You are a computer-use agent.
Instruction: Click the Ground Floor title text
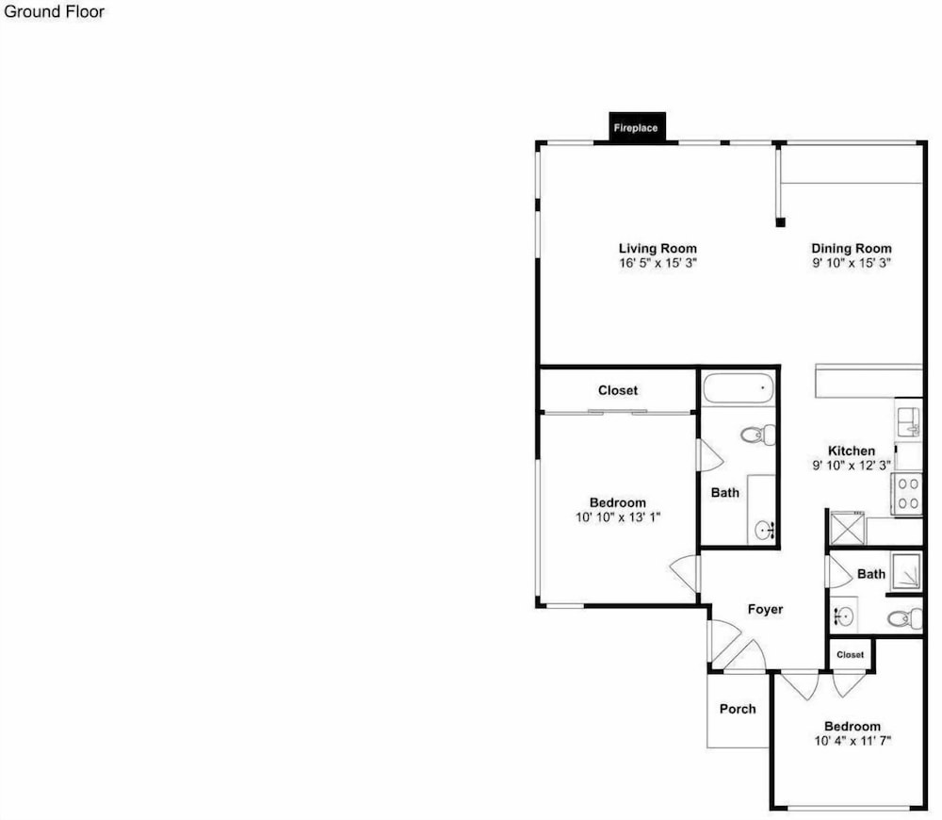click(x=54, y=11)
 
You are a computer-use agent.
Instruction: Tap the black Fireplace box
click(x=637, y=127)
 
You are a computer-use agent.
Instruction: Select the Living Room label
click(x=658, y=248)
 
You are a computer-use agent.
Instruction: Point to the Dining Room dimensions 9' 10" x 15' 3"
click(x=852, y=263)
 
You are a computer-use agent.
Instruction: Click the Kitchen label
click(x=852, y=451)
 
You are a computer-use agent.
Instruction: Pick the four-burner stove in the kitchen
click(x=908, y=494)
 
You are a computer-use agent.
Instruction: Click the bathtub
click(x=739, y=388)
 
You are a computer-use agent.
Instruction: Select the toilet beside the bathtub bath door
click(x=758, y=435)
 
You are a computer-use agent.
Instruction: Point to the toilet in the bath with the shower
click(x=905, y=618)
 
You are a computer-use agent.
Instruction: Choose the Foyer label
click(x=765, y=610)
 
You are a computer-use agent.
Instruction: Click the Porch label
click(x=738, y=709)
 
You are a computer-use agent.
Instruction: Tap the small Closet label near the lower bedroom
click(x=850, y=655)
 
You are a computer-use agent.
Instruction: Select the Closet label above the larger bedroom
click(x=618, y=390)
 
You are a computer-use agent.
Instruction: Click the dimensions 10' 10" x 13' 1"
click(x=618, y=517)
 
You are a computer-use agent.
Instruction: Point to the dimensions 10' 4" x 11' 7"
click(x=852, y=741)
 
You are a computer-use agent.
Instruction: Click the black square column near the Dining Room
click(x=780, y=222)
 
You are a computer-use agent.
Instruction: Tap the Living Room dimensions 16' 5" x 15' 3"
click(x=658, y=263)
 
